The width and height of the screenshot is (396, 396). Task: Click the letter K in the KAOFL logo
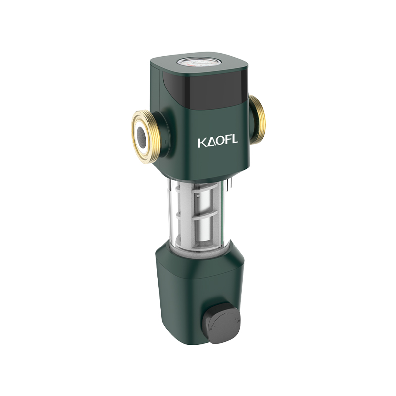(202, 143)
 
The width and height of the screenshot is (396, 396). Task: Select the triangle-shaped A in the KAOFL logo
(212, 142)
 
